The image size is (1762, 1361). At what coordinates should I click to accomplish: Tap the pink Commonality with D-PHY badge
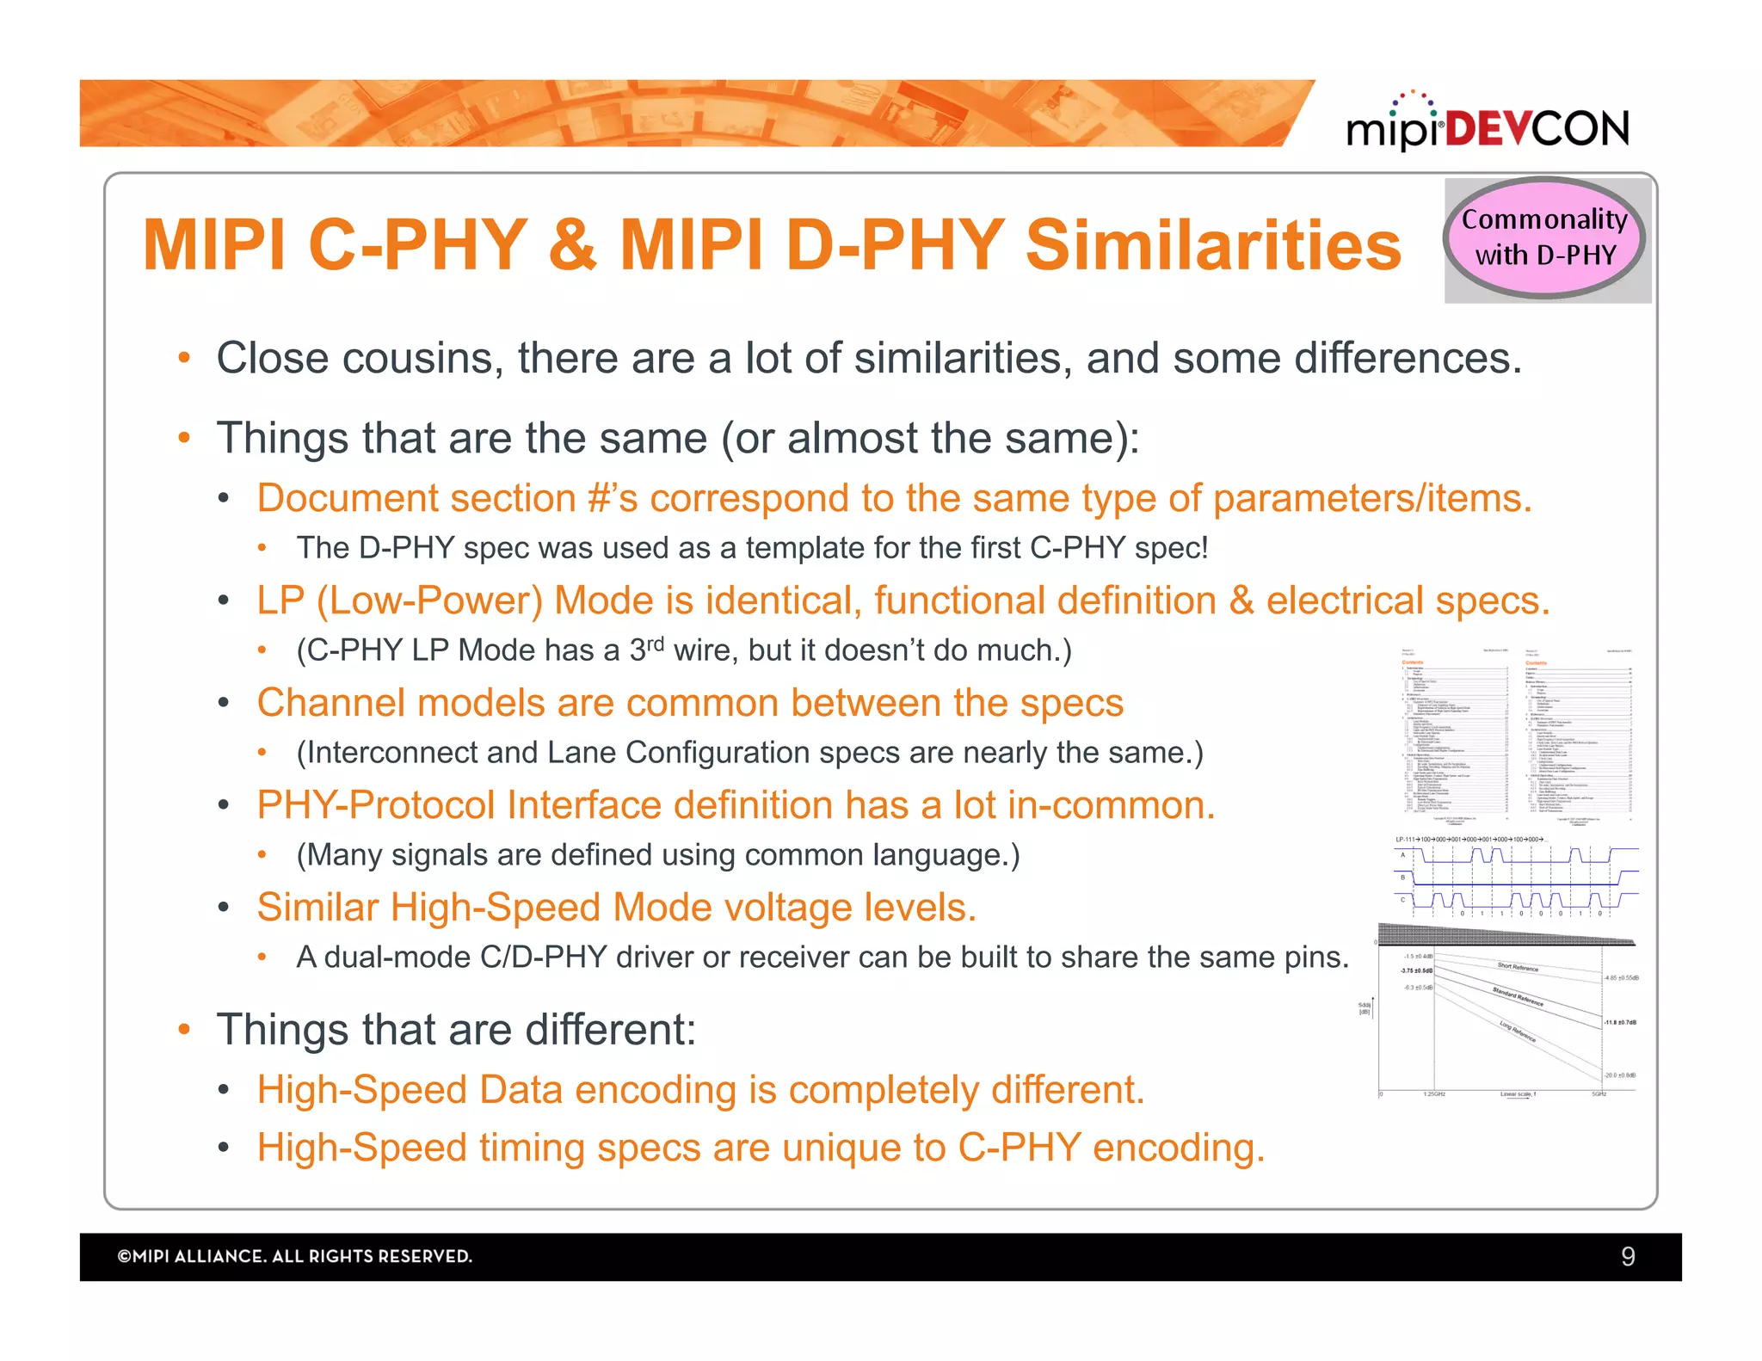tap(1545, 237)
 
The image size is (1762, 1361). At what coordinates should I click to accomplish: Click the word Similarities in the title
tap(1213, 245)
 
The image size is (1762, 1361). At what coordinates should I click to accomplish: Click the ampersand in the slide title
tap(573, 245)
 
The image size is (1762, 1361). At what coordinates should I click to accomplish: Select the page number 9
tap(1627, 1257)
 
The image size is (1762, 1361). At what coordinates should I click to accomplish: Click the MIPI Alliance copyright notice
tap(294, 1257)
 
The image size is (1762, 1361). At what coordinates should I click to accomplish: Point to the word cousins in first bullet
tap(422, 359)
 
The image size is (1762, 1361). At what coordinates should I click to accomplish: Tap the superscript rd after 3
tap(655, 643)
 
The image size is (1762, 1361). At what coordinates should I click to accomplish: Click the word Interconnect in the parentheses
tap(391, 753)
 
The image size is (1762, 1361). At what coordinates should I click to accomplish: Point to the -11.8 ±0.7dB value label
tap(1620, 1023)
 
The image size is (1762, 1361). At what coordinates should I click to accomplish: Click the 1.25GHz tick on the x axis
tap(1434, 1094)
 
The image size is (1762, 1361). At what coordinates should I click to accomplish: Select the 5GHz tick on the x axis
tap(1599, 1094)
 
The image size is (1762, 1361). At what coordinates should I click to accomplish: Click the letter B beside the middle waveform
tap(1403, 878)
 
